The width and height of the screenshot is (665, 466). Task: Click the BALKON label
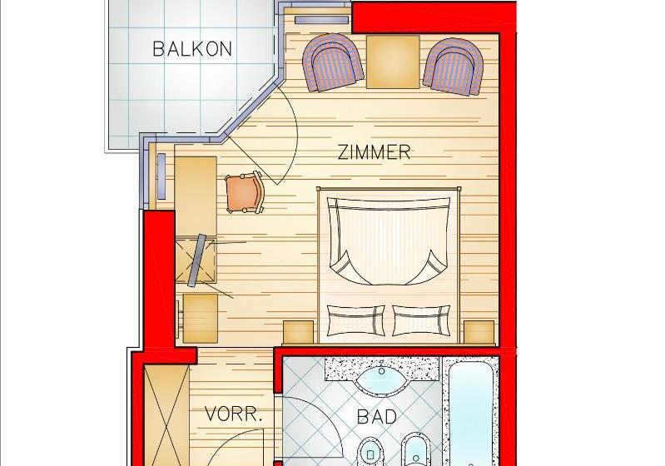tap(192, 49)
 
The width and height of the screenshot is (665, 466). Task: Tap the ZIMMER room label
tap(374, 152)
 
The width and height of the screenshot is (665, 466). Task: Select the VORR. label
tap(233, 414)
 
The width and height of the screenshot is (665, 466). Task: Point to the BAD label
tap(377, 417)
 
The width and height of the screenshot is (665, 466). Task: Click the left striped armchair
tap(333, 62)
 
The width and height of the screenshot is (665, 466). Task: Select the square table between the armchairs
tap(393, 62)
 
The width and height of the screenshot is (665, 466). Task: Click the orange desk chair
tap(246, 192)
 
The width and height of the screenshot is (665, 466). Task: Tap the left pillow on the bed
tap(357, 320)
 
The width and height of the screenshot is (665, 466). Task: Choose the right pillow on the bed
tap(421, 320)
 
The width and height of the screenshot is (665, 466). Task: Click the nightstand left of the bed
tap(299, 332)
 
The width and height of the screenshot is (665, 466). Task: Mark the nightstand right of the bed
tap(479, 332)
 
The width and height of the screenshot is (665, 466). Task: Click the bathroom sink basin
tap(382, 379)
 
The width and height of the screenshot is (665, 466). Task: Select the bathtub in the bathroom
tap(471, 414)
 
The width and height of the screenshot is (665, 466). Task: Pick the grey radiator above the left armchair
tap(322, 19)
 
